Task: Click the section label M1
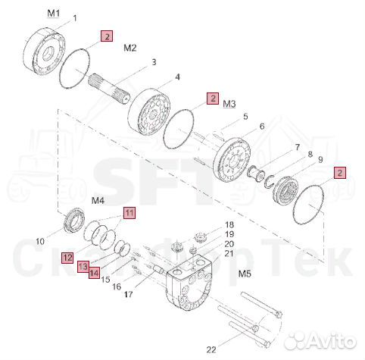tap(54, 13)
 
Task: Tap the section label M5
tap(245, 274)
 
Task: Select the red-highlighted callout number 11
tap(129, 213)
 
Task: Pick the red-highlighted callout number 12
tap(67, 258)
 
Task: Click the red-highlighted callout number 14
tap(94, 273)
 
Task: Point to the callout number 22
tap(211, 349)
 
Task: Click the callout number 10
tap(40, 241)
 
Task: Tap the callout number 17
tap(128, 294)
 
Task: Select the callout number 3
tap(154, 62)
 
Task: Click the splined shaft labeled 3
tap(109, 89)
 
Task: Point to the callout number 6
tap(262, 126)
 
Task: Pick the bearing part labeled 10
tap(74, 220)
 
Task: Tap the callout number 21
tap(229, 253)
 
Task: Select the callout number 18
tap(229, 224)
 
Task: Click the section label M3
tap(229, 104)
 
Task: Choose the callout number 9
tap(320, 160)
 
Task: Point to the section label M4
tap(98, 201)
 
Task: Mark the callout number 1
tap(75, 18)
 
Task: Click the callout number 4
tap(177, 77)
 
